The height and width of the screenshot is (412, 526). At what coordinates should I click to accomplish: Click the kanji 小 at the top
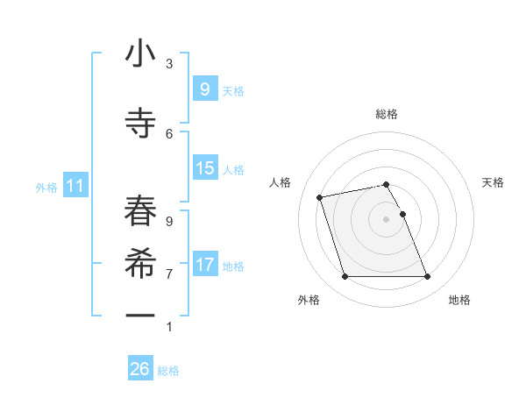tap(140, 54)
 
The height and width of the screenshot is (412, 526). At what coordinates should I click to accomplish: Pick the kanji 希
tap(140, 260)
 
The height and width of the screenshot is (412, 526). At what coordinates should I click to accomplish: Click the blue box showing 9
tap(204, 89)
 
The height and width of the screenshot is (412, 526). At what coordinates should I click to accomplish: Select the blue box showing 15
tap(204, 167)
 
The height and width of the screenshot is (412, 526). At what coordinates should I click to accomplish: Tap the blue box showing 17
tap(204, 264)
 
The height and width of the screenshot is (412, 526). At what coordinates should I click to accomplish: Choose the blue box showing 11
tap(75, 185)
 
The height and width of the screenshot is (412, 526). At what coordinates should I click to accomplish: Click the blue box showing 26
tap(140, 369)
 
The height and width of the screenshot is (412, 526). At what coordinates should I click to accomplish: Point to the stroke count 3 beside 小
tap(169, 64)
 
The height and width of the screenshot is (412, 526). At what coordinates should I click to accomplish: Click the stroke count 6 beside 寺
tap(169, 133)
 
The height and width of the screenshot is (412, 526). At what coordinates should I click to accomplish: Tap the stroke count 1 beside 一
tap(169, 327)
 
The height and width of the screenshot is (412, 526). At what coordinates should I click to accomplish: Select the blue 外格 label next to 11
tap(46, 187)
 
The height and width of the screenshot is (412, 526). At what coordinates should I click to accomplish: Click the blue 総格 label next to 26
tap(168, 371)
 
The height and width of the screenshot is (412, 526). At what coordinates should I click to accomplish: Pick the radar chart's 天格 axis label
tap(494, 182)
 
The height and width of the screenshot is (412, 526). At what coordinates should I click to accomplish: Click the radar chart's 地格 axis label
tap(459, 300)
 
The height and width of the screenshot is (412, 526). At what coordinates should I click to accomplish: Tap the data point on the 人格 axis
tap(320, 196)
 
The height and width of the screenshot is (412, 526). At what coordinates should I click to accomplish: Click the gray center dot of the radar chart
tap(387, 219)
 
